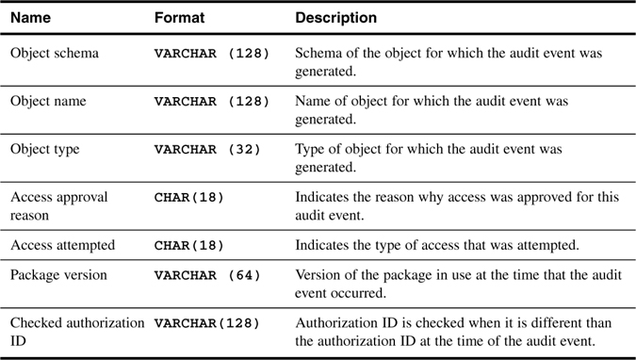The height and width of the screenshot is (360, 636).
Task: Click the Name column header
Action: (30, 18)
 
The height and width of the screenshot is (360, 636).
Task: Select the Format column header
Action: (179, 18)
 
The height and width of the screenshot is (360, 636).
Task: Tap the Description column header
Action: (335, 18)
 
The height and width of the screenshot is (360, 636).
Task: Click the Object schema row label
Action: (55, 53)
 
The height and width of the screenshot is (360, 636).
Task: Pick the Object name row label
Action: (48, 101)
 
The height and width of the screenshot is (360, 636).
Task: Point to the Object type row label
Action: (45, 149)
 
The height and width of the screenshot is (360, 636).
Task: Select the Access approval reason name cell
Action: (58, 205)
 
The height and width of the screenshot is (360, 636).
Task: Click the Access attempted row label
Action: (62, 245)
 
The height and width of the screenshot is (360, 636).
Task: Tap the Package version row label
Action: (58, 275)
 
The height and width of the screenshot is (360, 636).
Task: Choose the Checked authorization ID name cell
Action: (77, 332)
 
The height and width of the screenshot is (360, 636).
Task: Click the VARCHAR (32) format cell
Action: (207, 149)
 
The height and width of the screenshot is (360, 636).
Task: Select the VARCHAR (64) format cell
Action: (207, 275)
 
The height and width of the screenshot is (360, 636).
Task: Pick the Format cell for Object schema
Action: (212, 54)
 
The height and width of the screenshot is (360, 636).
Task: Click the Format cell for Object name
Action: (212, 102)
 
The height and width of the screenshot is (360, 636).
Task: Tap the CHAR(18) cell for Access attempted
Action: (189, 246)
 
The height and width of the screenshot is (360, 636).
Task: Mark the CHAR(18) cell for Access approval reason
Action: (189, 198)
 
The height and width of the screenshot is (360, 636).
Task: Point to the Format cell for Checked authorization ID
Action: (207, 323)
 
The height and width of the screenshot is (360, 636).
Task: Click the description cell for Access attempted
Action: (437, 245)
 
